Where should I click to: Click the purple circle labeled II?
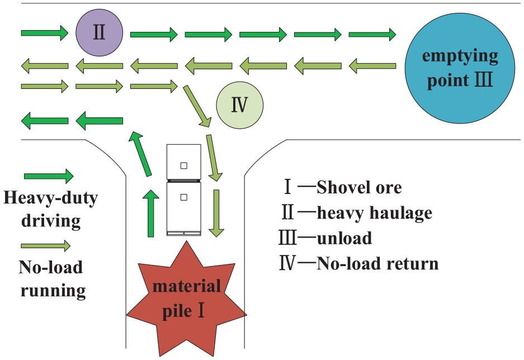tap(99, 33)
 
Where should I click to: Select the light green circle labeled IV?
tap(239, 105)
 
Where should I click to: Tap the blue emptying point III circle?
tap(460, 68)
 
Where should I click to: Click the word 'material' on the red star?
tap(186, 286)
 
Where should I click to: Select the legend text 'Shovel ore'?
tap(359, 187)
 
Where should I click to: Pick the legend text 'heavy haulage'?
tap(374, 213)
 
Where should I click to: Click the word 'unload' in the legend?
tap(344, 238)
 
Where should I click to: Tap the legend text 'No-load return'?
tap(377, 263)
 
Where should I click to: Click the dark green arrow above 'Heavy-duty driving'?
tap(49, 176)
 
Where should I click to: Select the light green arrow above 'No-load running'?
tap(46, 246)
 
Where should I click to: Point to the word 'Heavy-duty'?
tap(51, 198)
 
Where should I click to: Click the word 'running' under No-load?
tap(53, 291)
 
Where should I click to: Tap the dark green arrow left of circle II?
tap(45, 33)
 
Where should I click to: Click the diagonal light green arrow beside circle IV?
tap(197, 106)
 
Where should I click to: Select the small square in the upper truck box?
tap(184, 165)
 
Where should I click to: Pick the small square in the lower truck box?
tap(184, 197)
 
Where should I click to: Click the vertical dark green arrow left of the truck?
tap(151, 213)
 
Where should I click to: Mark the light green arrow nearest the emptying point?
tap(372, 65)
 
